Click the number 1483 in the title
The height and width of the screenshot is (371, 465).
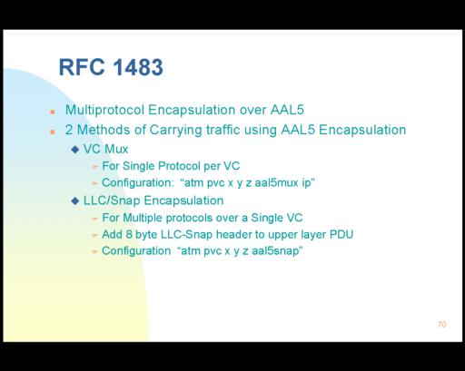(138, 67)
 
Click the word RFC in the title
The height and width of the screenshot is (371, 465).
(82, 67)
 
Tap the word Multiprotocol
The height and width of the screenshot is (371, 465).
(104, 110)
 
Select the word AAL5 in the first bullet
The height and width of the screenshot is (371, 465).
(287, 110)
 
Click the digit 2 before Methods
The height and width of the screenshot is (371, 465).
(69, 130)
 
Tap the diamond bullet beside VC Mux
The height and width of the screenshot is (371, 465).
(75, 149)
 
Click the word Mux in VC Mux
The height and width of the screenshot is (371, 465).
(116, 149)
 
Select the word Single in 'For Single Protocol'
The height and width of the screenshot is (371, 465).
(139, 166)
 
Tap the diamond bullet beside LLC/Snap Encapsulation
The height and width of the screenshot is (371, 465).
(75, 200)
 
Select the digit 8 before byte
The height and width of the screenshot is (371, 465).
(129, 234)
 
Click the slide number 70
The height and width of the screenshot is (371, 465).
(442, 325)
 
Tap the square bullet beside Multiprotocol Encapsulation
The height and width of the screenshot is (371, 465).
(53, 112)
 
